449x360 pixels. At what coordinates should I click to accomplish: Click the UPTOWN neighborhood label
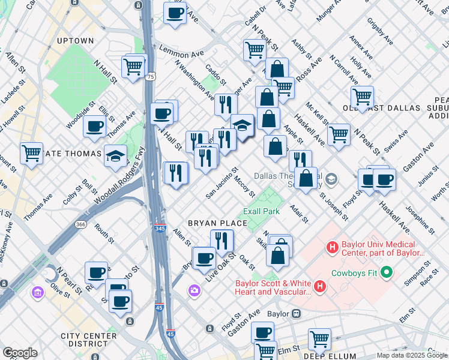coord(75,41)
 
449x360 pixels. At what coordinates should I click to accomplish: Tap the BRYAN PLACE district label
coord(217,223)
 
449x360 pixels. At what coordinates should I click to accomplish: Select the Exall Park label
coord(261,212)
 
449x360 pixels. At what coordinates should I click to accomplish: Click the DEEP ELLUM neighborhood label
coord(323,356)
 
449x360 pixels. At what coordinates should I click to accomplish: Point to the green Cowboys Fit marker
coord(387,273)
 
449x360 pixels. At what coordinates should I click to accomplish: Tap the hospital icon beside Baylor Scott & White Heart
coord(319,287)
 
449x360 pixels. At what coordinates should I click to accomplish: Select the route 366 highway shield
coord(80,224)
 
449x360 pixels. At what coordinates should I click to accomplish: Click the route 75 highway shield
coord(150,77)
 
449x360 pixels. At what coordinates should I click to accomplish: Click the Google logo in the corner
coord(20,353)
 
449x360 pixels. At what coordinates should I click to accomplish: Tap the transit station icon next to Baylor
coord(296,314)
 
